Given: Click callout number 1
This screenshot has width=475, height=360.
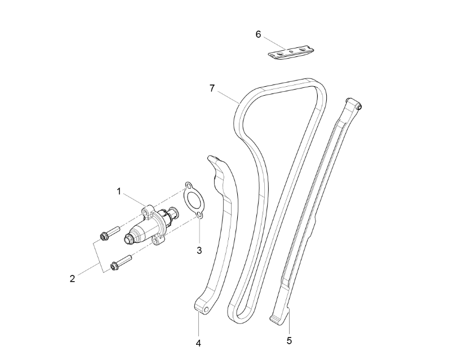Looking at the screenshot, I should click(119, 192).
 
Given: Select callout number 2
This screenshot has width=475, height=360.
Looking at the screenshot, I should click(72, 278).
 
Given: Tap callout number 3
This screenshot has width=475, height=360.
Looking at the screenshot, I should click(199, 250).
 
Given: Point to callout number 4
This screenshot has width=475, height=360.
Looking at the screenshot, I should click(198, 341).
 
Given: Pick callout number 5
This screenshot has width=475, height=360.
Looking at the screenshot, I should click(289, 340).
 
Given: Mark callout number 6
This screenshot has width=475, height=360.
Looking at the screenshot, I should click(258, 34).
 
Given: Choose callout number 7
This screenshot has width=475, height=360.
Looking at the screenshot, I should click(212, 88).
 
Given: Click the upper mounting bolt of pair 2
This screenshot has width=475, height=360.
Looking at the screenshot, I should click(109, 232).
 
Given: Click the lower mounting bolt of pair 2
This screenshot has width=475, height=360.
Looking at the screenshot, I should click(121, 261).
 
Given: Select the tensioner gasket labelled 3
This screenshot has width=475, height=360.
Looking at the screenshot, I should click(192, 199).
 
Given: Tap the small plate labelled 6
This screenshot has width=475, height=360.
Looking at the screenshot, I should click(290, 52).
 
